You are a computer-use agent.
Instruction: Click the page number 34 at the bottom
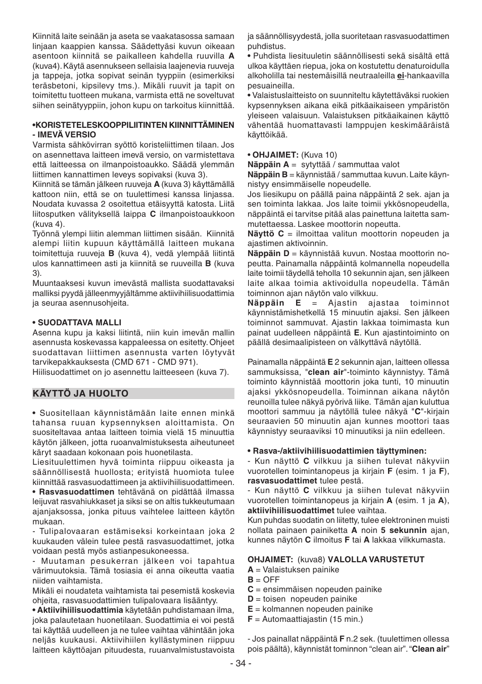coord(240,663)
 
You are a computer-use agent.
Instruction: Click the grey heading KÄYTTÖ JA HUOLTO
coord(81,394)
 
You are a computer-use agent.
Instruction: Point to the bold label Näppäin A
coord(268,165)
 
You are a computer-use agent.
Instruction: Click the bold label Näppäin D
coord(268,254)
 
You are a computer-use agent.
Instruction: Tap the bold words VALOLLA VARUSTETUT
coord(376,560)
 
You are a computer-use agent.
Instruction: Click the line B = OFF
coord(263,579)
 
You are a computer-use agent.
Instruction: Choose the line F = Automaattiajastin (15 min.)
coord(305,619)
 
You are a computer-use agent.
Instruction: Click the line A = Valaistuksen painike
coord(293,569)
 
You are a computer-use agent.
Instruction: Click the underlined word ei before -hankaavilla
coord(400,76)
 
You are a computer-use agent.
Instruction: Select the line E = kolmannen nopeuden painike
coord(310,609)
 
